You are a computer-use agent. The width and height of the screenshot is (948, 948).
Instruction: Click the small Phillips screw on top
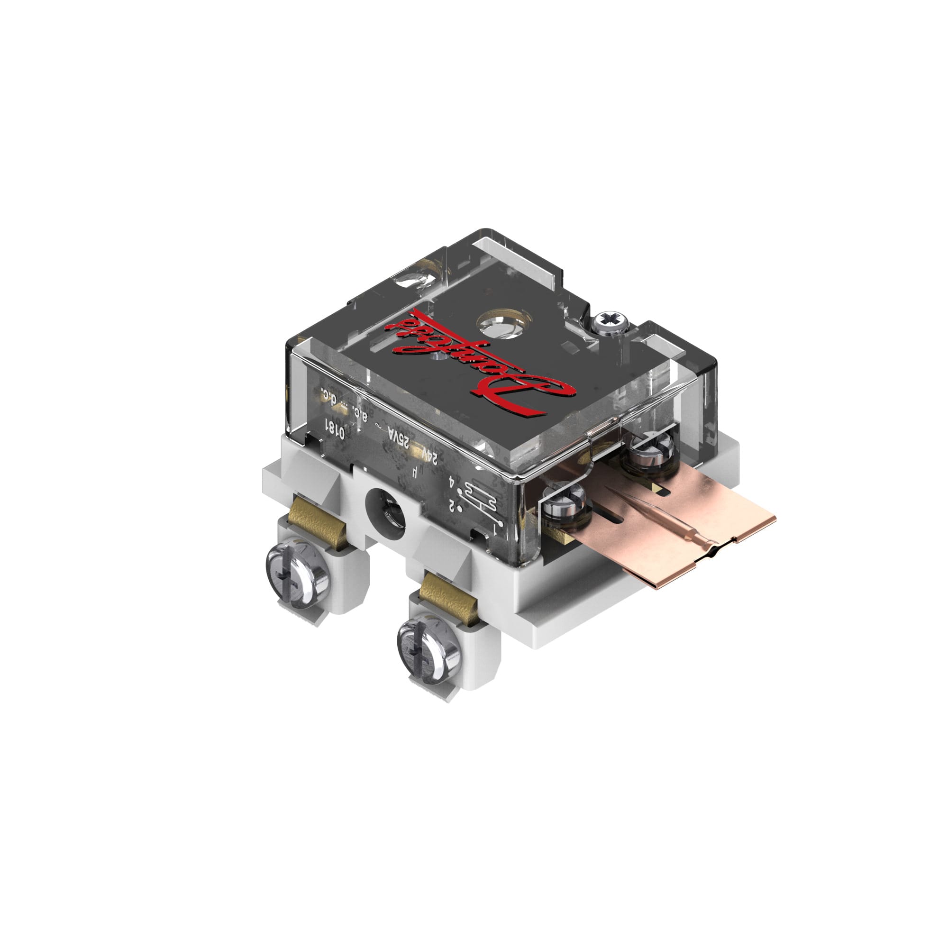(x=611, y=322)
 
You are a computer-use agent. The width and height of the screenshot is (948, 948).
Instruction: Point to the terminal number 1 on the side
(x=497, y=531)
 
